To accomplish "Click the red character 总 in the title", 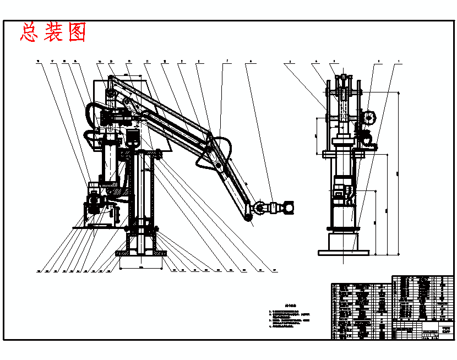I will pyautogui.click(x=28, y=32).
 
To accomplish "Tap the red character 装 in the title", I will pyautogui.click(x=53, y=32).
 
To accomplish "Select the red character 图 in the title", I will pyautogui.click(x=77, y=32).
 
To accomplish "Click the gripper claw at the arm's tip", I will pyautogui.click(x=286, y=208).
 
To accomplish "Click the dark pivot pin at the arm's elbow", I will pyautogui.click(x=218, y=165).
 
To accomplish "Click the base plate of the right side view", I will pyautogui.click(x=343, y=252).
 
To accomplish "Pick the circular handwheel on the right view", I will pyautogui.click(x=368, y=117).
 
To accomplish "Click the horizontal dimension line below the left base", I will pyautogui.click(x=140, y=268).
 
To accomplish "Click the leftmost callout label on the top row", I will pyautogui.click(x=37, y=61).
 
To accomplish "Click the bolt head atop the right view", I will pyautogui.click(x=344, y=76).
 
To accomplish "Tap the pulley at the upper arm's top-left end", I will pyautogui.click(x=111, y=97).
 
